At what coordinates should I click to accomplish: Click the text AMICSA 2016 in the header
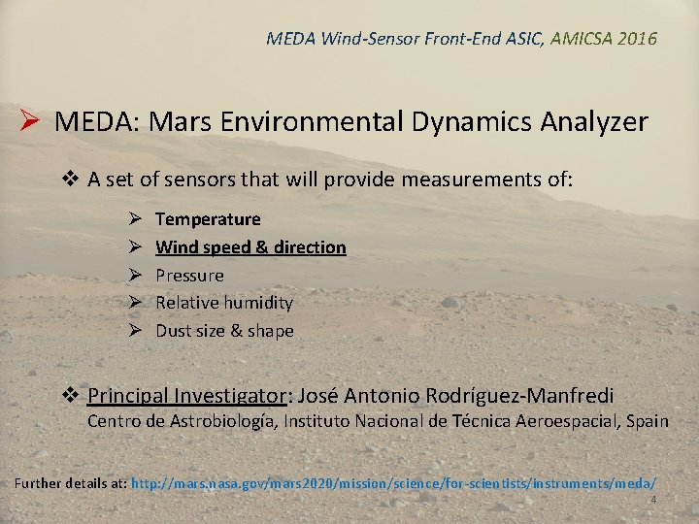tap(603, 39)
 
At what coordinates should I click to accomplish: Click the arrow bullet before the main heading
tap(29, 122)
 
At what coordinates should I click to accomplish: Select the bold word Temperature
tap(208, 219)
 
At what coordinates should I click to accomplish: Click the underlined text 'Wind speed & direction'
tap(250, 247)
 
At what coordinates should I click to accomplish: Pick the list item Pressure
tap(189, 276)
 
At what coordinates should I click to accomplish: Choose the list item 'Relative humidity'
tap(224, 303)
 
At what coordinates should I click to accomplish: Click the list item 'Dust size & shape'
tap(224, 331)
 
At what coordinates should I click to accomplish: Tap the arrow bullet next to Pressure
tap(137, 276)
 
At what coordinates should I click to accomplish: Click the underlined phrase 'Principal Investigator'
tap(187, 396)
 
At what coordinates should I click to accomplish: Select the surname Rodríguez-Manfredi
tap(520, 396)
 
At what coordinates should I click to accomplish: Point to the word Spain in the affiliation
tap(646, 421)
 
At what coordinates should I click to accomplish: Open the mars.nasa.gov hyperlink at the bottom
tap(393, 482)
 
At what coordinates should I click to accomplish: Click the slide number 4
tap(653, 500)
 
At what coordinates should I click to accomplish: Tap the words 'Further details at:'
tap(71, 482)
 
